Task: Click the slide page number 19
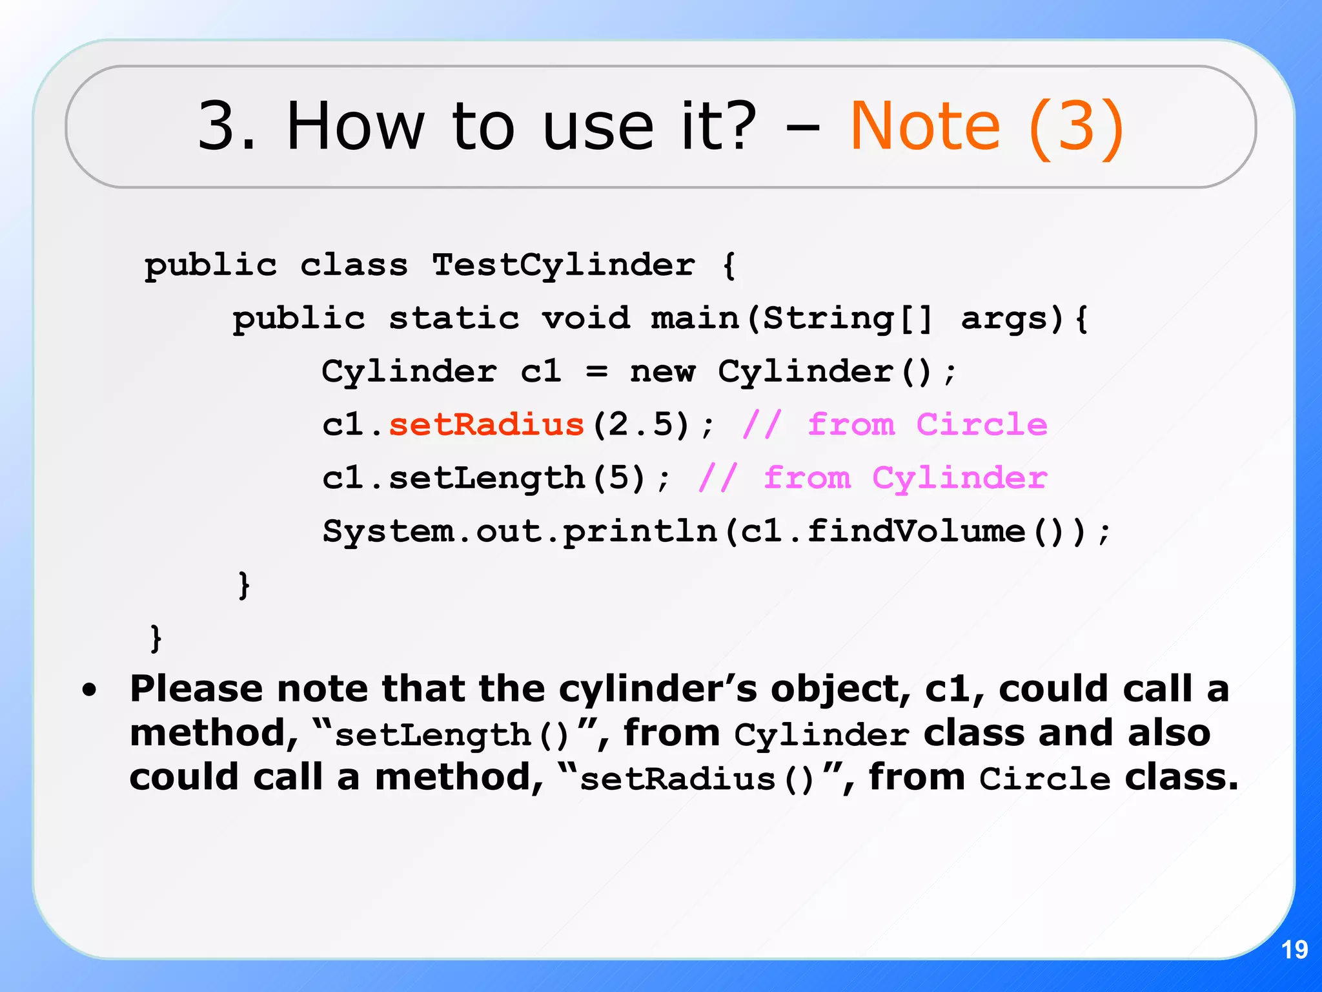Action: click(x=1294, y=950)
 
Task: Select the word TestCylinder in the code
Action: click(x=564, y=265)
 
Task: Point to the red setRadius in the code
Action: click(x=486, y=425)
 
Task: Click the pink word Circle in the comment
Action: click(x=981, y=425)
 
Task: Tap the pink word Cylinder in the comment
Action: click(x=959, y=479)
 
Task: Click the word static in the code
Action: click(x=454, y=318)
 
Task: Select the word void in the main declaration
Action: click(x=585, y=318)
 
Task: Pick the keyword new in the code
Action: click(x=662, y=372)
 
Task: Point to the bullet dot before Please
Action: click(x=90, y=690)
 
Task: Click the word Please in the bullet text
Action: click(x=196, y=689)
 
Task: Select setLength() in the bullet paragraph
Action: click(x=452, y=735)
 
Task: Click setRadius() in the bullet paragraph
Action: click(x=697, y=779)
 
